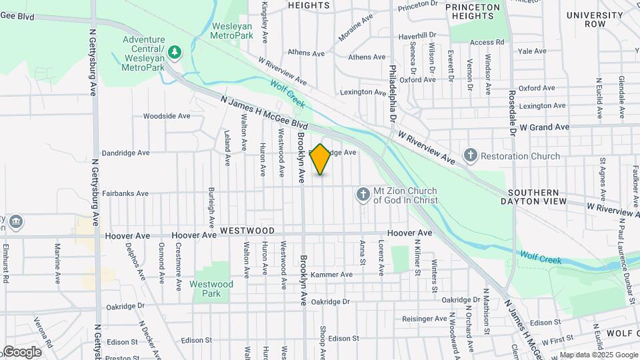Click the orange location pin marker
[x=321, y=159]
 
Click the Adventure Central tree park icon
[x=174, y=51]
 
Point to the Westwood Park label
[x=211, y=289]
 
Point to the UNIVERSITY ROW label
[x=586, y=19]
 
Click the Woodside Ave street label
[x=167, y=115]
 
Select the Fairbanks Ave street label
[x=125, y=193]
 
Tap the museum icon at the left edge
[x=15, y=221]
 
